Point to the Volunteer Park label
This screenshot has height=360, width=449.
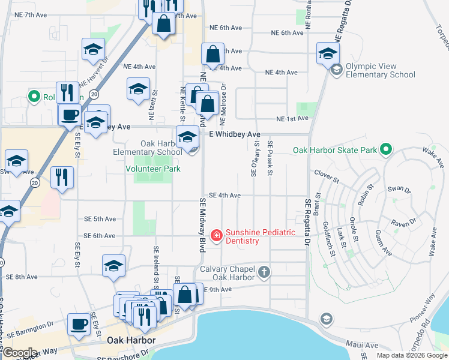tap(152, 169)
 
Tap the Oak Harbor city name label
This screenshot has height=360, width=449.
tap(131, 340)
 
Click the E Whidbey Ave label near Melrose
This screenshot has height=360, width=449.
tap(234, 134)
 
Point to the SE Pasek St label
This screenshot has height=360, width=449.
tap(271, 158)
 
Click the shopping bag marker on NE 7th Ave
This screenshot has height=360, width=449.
tap(163, 24)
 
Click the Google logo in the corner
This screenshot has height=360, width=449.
tap(19, 353)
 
